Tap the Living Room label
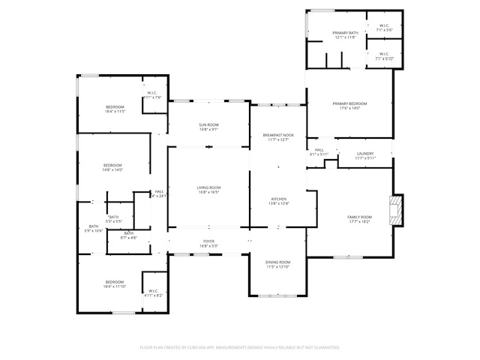pyautogui.click(x=208, y=187)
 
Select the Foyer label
pyautogui.click(x=208, y=241)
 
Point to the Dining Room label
pyautogui.click(x=277, y=262)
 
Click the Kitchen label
pyautogui.click(x=278, y=199)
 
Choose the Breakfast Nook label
pyautogui.click(x=277, y=135)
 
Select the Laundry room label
pyautogui.click(x=364, y=154)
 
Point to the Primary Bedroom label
pyautogui.click(x=349, y=103)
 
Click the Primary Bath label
pyautogui.click(x=346, y=33)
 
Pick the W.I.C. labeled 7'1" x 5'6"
pyautogui.click(x=383, y=26)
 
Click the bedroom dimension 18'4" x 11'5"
pyautogui.click(x=115, y=111)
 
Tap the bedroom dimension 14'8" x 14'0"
pyautogui.click(x=112, y=169)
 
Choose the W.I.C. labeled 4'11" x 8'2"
pyautogui.click(x=153, y=292)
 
